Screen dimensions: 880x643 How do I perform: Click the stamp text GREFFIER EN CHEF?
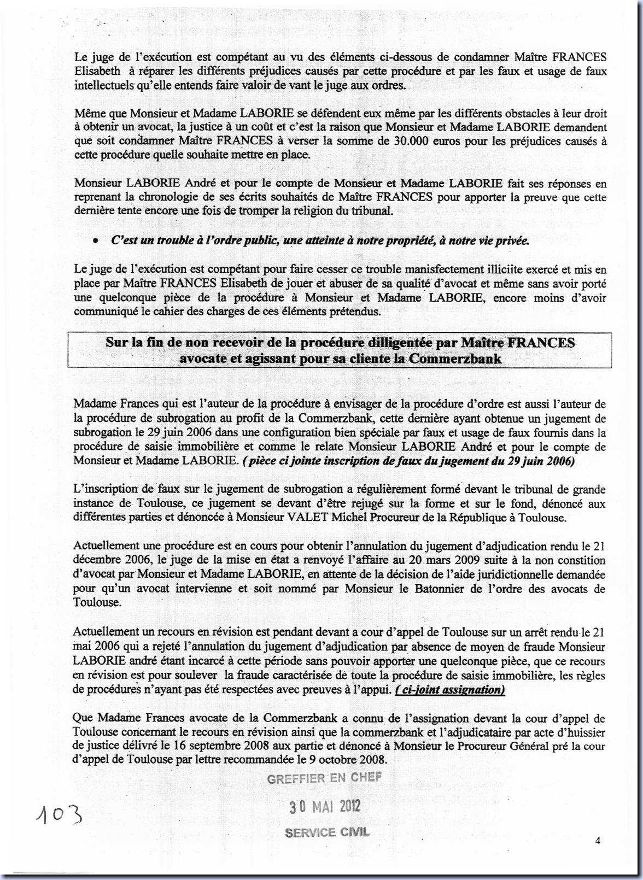[324, 778]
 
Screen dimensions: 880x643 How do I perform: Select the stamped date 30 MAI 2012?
[324, 806]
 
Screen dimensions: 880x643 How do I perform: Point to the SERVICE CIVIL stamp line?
[327, 832]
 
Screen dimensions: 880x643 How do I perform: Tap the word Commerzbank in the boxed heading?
[455, 359]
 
